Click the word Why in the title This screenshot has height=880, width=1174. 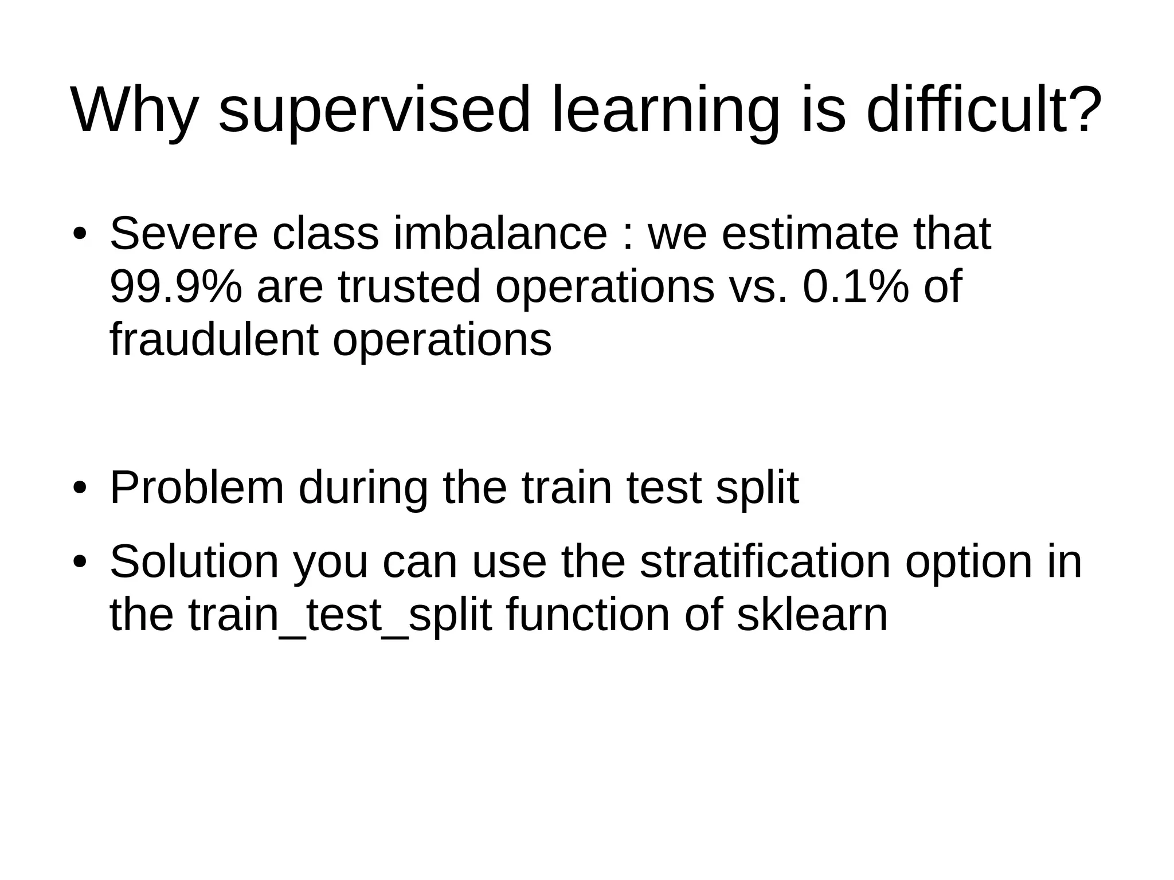point(134,111)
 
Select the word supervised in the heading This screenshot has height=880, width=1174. point(374,111)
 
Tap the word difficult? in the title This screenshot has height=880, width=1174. point(983,111)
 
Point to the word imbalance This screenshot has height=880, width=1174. point(500,234)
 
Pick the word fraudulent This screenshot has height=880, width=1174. point(214,340)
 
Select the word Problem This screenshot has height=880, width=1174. point(197,488)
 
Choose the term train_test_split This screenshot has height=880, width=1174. point(340,616)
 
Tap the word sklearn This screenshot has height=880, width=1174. point(812,615)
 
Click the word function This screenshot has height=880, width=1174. point(588,615)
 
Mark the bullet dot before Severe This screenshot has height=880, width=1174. point(80,235)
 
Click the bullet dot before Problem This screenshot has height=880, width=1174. point(80,489)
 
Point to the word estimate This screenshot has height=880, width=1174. point(810,234)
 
